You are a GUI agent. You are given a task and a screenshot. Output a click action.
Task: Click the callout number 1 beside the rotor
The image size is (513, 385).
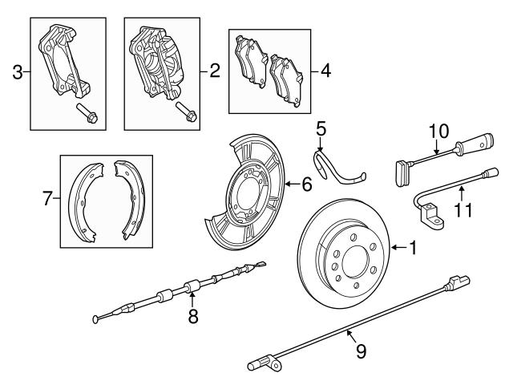[412, 249]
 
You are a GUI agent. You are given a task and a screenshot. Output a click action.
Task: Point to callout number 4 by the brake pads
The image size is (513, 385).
[325, 71]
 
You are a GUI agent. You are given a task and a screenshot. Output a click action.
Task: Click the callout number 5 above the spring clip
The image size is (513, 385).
[320, 128]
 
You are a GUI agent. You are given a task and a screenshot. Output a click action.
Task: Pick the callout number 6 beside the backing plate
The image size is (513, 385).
[305, 184]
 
